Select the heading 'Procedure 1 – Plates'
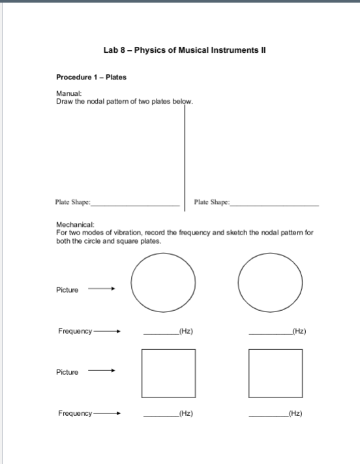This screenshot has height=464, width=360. point(91,78)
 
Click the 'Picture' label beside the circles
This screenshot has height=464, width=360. point(68,290)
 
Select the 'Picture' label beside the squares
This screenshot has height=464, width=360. point(68,372)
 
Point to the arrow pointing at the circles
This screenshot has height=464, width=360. point(102,290)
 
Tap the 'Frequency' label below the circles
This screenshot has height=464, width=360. point(75,331)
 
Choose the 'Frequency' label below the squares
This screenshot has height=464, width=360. point(75,413)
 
